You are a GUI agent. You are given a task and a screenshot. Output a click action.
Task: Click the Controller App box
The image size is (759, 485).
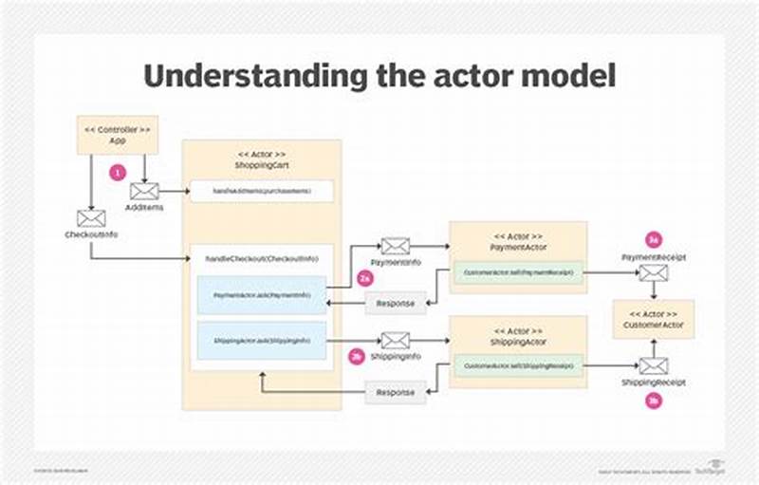(117, 135)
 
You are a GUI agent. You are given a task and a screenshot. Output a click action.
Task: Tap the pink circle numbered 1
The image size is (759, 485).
(118, 174)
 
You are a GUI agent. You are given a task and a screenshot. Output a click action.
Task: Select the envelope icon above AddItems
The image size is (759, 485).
(145, 191)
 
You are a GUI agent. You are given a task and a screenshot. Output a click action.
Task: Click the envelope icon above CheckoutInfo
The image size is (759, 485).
(90, 218)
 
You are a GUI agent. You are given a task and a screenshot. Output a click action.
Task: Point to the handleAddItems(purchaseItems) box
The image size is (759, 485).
(262, 191)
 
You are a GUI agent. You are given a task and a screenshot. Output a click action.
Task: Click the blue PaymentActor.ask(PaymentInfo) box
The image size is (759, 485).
(262, 295)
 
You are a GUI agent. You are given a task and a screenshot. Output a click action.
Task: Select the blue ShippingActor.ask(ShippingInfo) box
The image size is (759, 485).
(262, 340)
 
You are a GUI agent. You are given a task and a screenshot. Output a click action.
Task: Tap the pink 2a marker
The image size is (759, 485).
(363, 279)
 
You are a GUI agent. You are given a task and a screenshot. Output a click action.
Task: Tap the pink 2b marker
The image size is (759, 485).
(356, 357)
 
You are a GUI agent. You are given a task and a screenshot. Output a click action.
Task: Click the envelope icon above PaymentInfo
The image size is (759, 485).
(396, 247)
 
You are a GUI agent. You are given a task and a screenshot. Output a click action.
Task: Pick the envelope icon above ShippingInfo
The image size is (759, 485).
(395, 340)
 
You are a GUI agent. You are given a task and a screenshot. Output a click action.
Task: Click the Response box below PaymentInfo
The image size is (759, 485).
(396, 303)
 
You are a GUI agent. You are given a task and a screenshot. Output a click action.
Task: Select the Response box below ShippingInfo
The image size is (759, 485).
(396, 392)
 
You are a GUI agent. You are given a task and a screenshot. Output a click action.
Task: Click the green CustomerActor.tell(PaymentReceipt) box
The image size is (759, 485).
(517, 273)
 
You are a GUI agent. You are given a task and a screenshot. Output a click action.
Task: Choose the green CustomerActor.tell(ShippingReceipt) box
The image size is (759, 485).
(517, 365)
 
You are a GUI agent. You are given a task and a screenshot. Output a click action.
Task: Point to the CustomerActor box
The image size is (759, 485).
(654, 319)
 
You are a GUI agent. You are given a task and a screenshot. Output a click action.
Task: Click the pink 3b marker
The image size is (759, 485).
(653, 401)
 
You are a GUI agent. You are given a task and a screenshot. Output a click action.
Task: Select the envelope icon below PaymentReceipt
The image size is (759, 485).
(653, 273)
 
